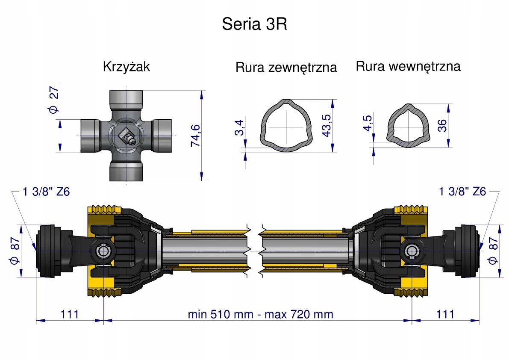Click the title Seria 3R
(254, 24)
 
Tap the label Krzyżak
(127, 67)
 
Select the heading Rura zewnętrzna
(286, 68)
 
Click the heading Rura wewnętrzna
(408, 67)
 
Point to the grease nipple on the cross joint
(127, 138)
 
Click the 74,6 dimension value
(196, 135)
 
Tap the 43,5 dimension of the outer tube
(327, 125)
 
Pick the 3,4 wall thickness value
(240, 128)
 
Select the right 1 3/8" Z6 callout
(462, 192)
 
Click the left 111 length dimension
(69, 314)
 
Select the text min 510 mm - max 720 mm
(260, 314)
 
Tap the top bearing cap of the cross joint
(127, 99)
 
